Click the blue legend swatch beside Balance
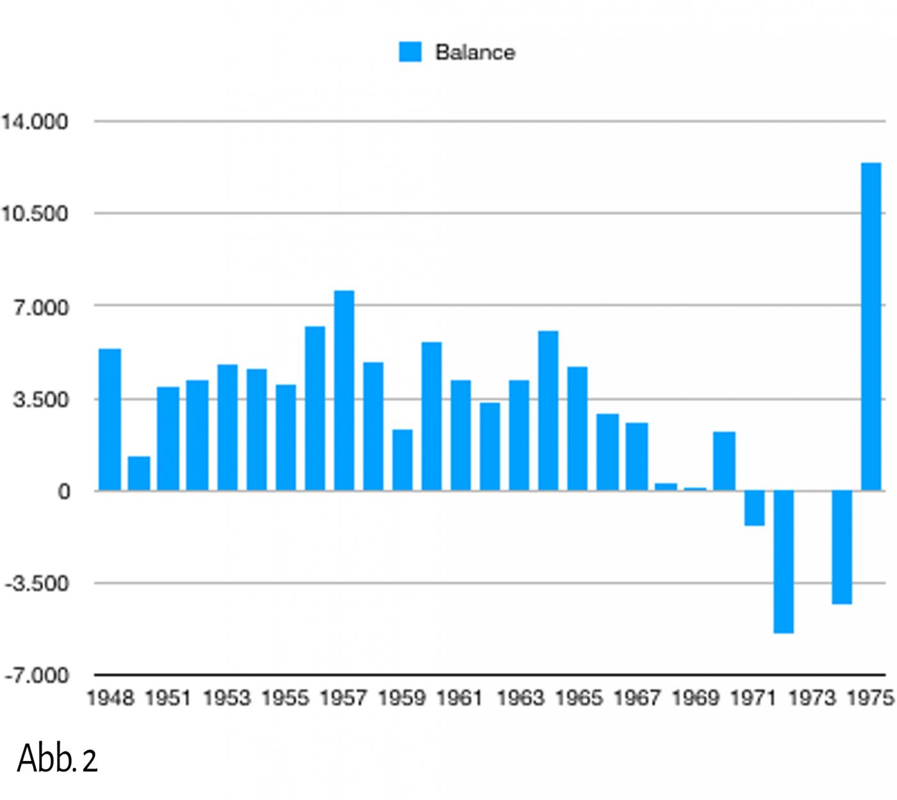pos(410,52)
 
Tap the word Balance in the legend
pos(475,52)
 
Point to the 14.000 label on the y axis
pos(35,121)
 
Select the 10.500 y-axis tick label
pos(35,213)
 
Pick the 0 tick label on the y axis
pos(63,491)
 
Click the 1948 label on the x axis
pos(110,698)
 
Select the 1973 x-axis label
pos(812,698)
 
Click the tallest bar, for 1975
pos(871,327)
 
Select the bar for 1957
pos(344,391)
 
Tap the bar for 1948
pos(110,420)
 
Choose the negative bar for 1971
pos(754,508)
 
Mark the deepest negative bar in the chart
pos(784,562)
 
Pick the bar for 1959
pos(402,460)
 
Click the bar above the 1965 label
pos(577,429)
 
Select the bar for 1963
pos(519,436)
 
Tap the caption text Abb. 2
pos(57,759)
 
